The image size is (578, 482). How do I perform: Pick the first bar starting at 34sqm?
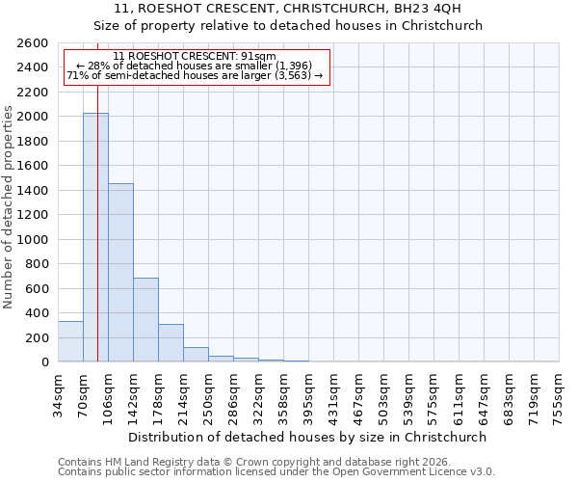(70, 341)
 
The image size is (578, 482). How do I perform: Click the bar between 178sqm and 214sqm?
(171, 343)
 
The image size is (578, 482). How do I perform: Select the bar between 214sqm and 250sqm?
(196, 355)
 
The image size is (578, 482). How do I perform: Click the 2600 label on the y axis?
(35, 43)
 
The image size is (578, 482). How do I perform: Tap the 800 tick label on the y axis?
(39, 264)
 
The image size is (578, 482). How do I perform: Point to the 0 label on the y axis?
(45, 362)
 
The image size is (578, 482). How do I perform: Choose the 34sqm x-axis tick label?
(58, 391)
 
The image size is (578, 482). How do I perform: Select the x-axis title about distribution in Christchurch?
(307, 437)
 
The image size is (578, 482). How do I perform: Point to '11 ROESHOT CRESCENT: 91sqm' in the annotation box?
(195, 57)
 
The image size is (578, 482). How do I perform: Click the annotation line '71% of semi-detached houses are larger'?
(195, 76)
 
